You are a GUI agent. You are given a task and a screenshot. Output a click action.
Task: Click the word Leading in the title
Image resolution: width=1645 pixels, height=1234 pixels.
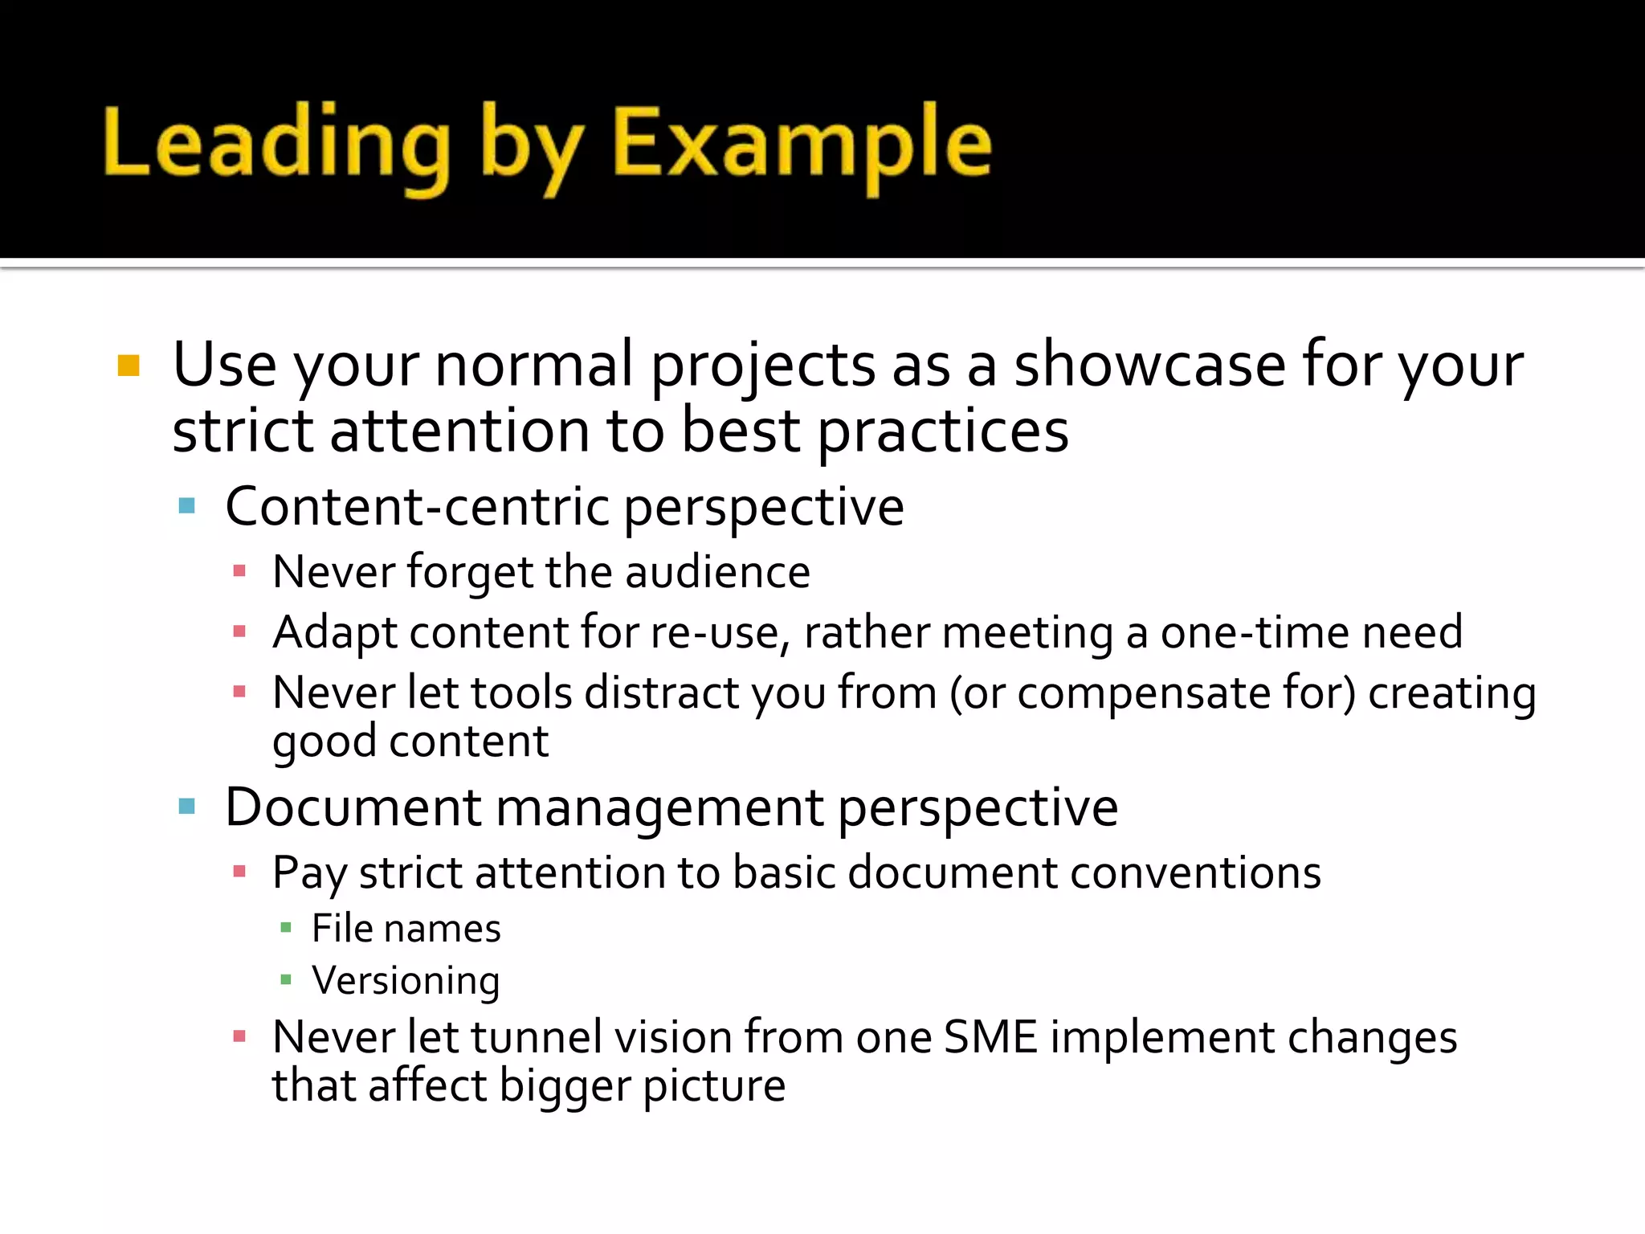tap(277, 145)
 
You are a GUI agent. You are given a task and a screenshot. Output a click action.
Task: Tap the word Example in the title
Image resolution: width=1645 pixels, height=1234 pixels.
tap(802, 145)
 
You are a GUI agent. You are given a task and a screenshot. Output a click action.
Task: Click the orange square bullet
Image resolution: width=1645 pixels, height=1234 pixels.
tap(129, 366)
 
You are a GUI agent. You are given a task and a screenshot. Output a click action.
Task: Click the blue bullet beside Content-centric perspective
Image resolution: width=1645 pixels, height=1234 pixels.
tap(187, 506)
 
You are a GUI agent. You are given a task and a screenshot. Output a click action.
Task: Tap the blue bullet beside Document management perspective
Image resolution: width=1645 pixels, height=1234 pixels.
tap(187, 806)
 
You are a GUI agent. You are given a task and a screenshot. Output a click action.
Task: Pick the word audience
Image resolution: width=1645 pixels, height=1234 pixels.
tap(717, 572)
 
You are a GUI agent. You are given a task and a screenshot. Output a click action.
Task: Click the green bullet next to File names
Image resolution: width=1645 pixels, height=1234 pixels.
tap(286, 928)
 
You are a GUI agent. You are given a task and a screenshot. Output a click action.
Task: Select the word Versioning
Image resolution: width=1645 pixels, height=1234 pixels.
tap(406, 980)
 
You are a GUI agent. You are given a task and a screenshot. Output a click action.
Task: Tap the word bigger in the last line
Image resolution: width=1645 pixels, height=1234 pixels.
tap(564, 1086)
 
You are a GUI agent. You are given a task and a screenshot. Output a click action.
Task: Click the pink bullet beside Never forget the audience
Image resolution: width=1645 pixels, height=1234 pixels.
tap(239, 571)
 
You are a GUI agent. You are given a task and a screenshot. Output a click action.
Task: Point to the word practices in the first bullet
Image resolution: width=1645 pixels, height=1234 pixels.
tap(943, 431)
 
